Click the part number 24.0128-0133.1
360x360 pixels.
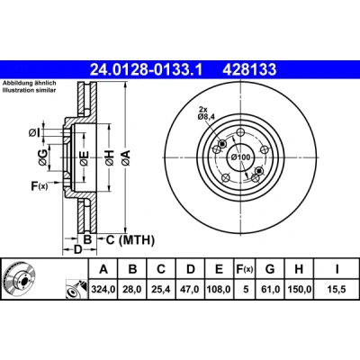coord(147,69)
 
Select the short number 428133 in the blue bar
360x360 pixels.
coord(249,69)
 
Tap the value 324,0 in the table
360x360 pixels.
coord(103,290)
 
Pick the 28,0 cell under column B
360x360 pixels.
coord(132,290)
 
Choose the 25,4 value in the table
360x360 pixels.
coord(161,290)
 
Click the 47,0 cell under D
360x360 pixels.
coord(190,290)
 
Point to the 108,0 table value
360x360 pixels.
coord(219,290)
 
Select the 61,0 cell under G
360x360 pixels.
coord(270,290)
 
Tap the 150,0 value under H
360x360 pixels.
coord(299,290)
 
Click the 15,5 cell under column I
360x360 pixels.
coord(337,290)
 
